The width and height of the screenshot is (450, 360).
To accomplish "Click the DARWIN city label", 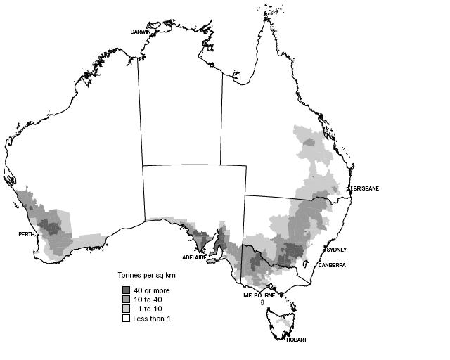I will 142,32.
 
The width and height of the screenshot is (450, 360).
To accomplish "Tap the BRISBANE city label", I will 366,188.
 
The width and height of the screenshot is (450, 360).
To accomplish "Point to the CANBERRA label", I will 330,265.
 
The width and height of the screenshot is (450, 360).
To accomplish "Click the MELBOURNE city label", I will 259,295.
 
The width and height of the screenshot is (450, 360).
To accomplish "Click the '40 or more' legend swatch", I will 126,290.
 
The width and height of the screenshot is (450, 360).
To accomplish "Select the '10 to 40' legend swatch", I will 126,300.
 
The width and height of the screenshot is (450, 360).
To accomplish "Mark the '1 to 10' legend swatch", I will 126,309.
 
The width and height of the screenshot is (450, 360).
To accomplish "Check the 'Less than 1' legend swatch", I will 126,319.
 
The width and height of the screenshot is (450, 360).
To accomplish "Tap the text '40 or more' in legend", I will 152,290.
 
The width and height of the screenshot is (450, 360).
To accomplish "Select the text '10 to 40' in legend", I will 148,300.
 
